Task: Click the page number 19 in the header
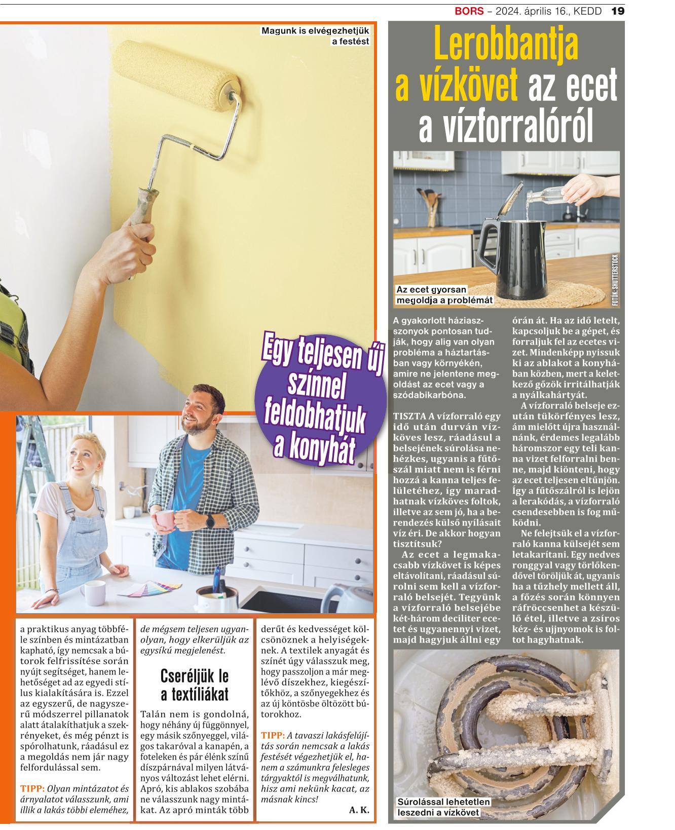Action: (x=618, y=11)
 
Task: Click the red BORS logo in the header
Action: (x=469, y=11)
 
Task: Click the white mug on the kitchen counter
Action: (x=92, y=594)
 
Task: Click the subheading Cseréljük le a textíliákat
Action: (x=195, y=684)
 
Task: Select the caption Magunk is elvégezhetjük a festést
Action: (x=315, y=36)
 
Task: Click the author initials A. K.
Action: (x=359, y=810)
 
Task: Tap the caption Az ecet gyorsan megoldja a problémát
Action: (x=444, y=295)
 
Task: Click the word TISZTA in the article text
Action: (x=409, y=416)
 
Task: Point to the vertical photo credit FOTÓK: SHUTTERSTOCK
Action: (x=615, y=280)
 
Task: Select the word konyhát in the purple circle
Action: (x=314, y=446)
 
